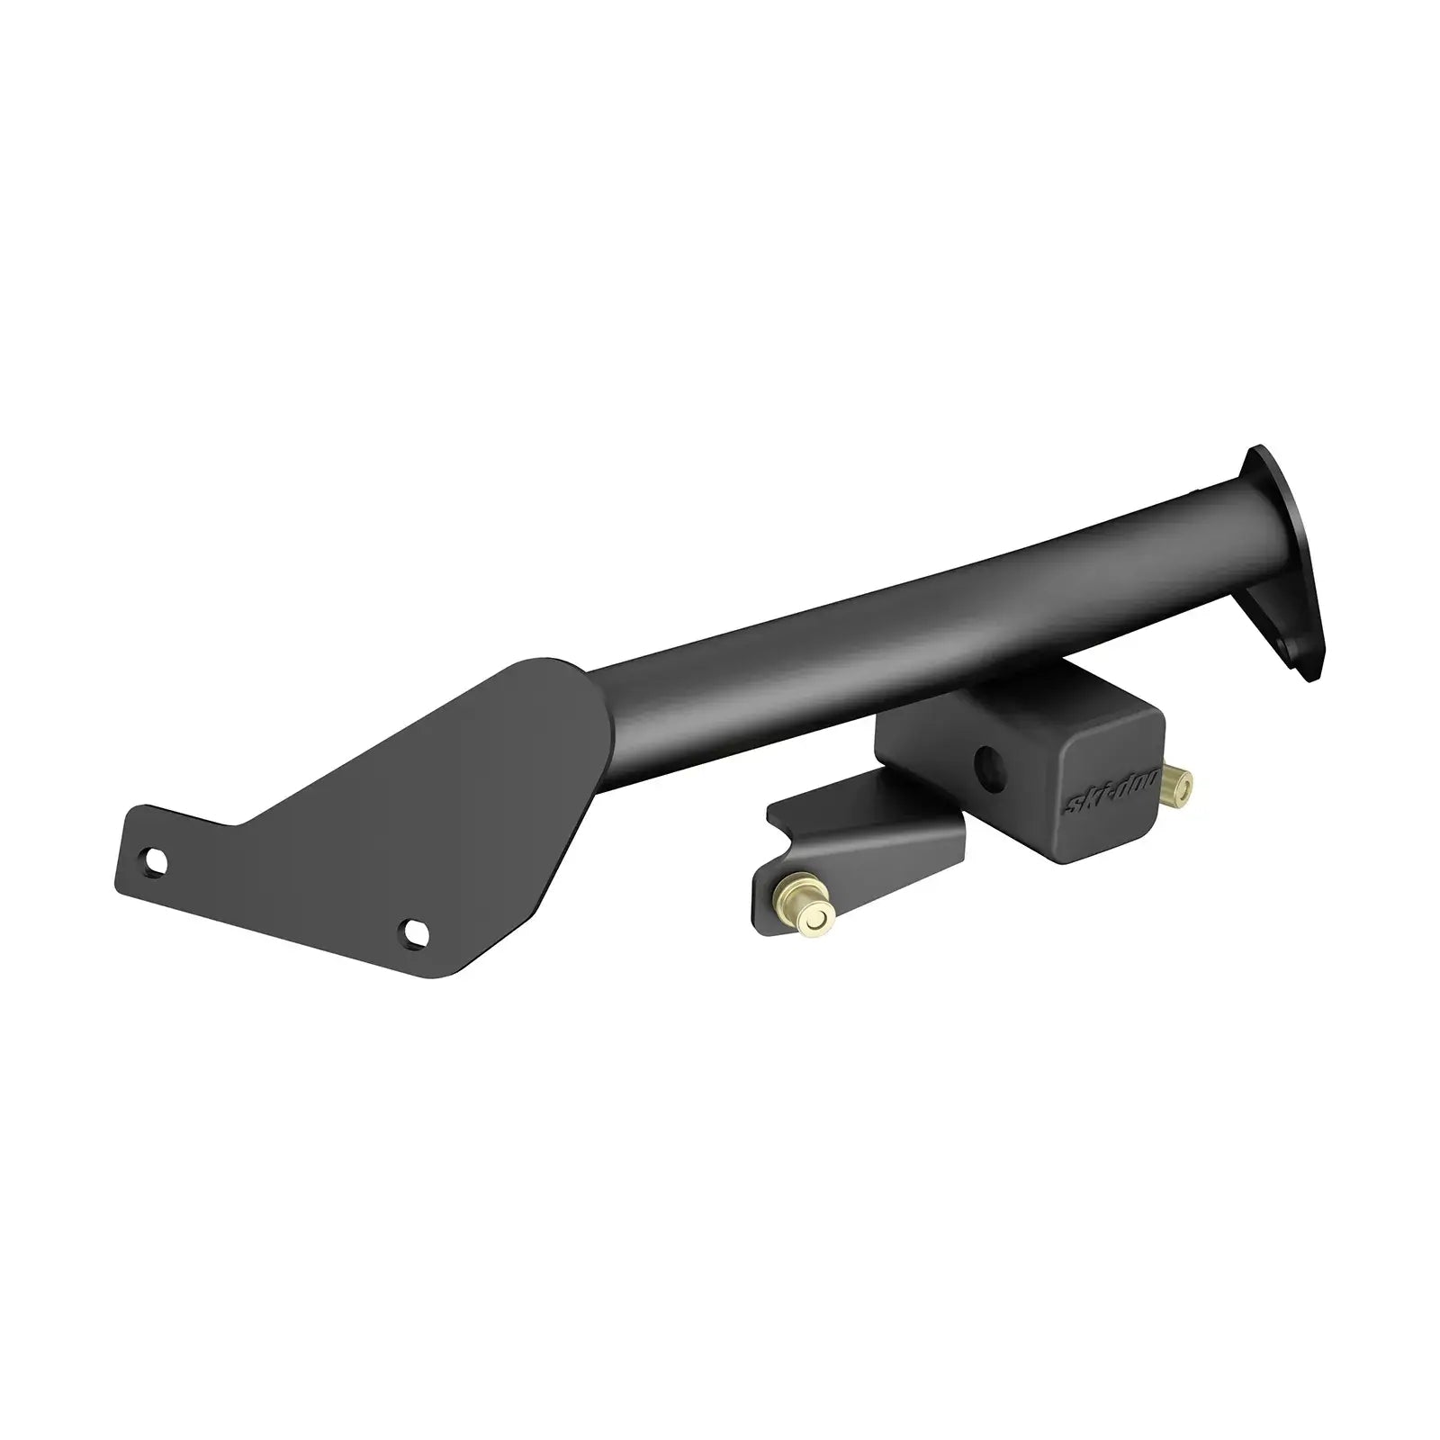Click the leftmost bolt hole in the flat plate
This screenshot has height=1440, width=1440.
coord(154,861)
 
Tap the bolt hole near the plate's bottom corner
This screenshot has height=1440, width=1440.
coord(413,931)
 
